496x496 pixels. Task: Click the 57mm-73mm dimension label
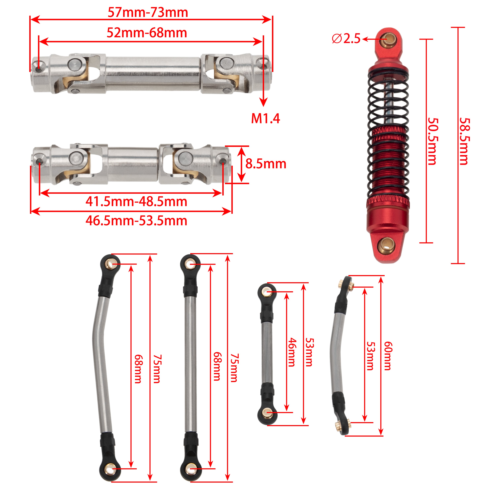pos(148,12)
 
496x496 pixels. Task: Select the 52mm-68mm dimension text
pos(147,33)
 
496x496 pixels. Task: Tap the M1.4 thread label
pos(266,118)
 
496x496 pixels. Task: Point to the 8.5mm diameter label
pos(266,164)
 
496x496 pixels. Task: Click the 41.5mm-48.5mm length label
pos(136,202)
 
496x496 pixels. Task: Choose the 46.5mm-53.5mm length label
pos(136,221)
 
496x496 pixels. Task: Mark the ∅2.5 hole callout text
pos(346,39)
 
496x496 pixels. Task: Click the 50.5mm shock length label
pos(433,141)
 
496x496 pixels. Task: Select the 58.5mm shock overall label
pos(465,141)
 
